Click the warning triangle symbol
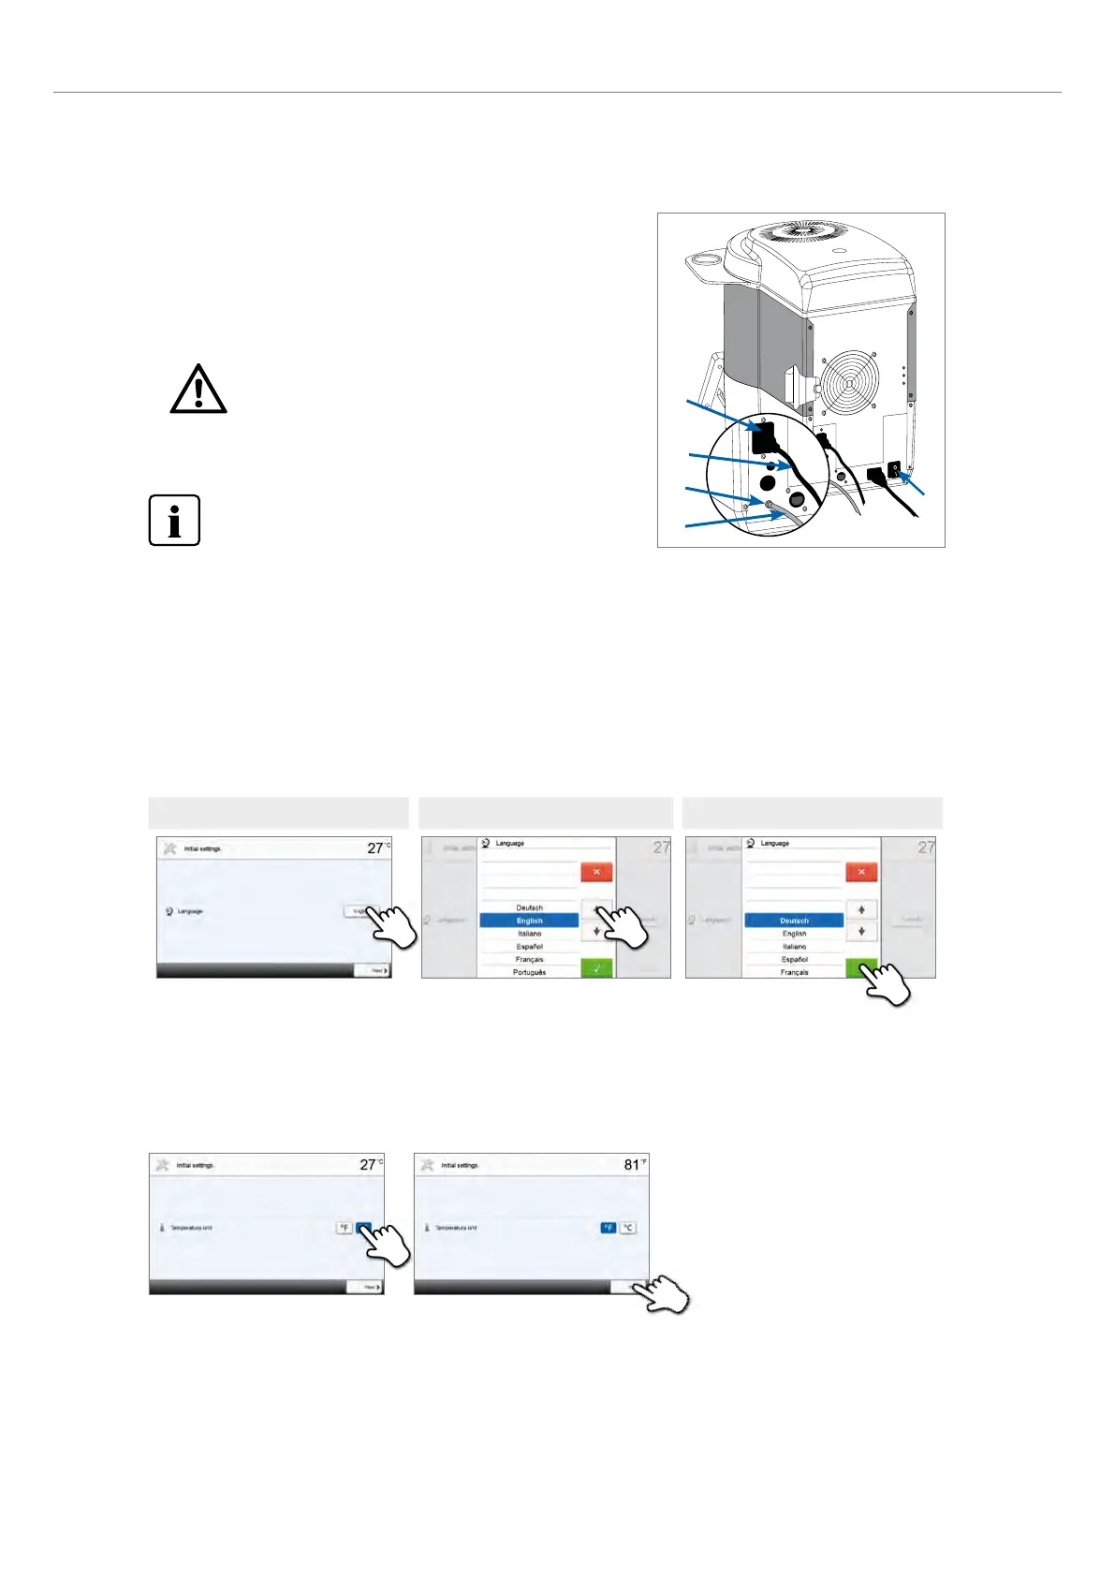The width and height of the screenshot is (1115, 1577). (198, 391)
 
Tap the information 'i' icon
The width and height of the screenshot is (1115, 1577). (174, 520)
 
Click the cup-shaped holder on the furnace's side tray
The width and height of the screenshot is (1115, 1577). (704, 258)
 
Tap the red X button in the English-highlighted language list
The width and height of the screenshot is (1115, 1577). (596, 872)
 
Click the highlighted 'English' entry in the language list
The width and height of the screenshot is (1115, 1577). (529, 921)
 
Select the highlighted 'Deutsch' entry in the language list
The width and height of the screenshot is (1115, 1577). (794, 921)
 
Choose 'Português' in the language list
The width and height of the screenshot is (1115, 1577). (529, 972)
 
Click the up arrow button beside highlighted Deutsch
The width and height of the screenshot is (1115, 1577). (861, 909)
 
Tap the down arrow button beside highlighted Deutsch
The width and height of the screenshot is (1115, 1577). (861, 932)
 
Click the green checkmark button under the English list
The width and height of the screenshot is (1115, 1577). (596, 969)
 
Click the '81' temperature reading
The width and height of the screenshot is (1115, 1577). (631, 1165)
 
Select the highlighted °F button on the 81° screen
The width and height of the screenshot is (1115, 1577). (608, 1228)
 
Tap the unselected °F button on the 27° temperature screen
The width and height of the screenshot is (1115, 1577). (344, 1228)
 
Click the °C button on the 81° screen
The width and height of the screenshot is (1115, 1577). (628, 1228)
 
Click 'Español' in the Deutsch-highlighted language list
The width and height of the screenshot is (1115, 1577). (794, 959)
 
